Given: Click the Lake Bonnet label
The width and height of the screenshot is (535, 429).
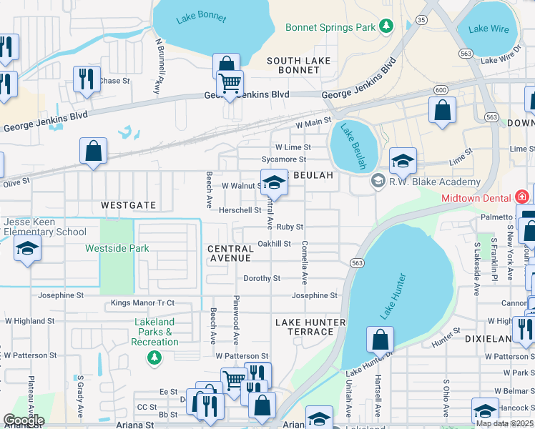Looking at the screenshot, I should click(202, 18).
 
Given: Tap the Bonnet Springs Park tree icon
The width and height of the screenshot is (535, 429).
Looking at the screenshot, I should click(387, 27).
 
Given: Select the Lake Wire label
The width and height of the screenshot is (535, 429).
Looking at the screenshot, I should click(488, 29).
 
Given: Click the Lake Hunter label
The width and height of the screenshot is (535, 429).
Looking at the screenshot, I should click(393, 296).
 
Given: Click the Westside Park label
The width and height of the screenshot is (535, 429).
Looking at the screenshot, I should click(117, 249).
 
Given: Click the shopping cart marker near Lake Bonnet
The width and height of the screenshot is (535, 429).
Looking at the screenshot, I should click(230, 84).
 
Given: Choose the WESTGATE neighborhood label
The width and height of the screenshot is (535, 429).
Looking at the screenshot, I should click(129, 205).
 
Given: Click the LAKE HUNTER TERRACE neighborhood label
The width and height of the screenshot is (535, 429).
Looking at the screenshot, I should click(310, 327).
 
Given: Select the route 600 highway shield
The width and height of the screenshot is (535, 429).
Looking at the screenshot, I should click(441, 90).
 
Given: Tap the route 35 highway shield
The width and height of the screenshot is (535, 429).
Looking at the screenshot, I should click(422, 20).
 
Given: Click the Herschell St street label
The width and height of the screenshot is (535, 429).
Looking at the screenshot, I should click(240, 210).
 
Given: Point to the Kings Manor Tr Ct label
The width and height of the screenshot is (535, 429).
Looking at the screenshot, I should click(142, 304).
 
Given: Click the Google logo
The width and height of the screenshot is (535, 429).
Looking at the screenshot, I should click(23, 420).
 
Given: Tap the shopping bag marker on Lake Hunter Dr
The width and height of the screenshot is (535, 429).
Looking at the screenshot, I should click(380, 340).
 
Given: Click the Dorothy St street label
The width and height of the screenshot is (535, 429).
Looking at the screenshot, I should click(262, 278).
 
